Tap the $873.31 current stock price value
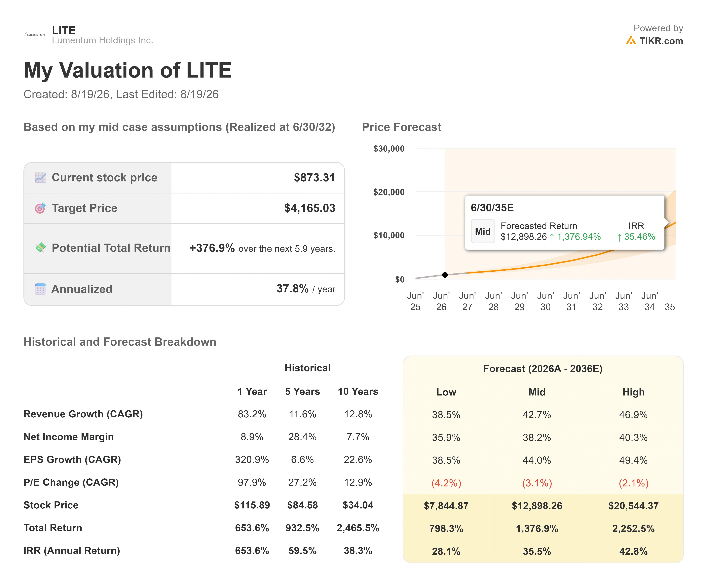[314, 177]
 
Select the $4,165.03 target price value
[310, 208]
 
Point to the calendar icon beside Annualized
[40, 289]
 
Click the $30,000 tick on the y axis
[389, 149]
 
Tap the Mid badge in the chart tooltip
[483, 231]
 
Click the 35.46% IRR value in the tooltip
[636, 237]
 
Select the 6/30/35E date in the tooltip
[492, 208]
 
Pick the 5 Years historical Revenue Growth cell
[302, 414]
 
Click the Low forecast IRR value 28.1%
[446, 551]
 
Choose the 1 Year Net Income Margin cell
[252, 437]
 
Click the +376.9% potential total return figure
[212, 248]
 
